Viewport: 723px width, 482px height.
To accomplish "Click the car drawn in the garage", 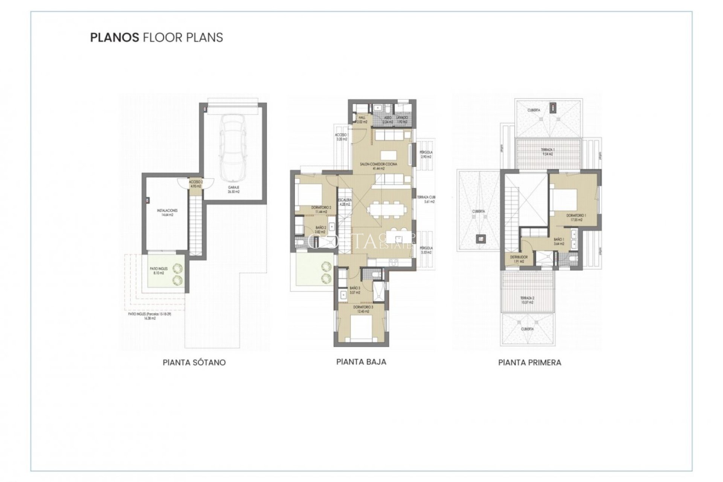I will pos(233,148).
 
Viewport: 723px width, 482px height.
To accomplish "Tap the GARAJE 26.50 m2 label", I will pos(233,189).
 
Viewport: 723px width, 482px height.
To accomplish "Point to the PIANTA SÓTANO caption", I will pos(194,363).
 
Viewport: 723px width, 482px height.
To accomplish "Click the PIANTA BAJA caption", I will pos(361,362).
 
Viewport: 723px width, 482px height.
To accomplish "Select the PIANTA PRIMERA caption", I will pos(529,363).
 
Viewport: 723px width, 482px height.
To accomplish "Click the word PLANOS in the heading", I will pos(114,38).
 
